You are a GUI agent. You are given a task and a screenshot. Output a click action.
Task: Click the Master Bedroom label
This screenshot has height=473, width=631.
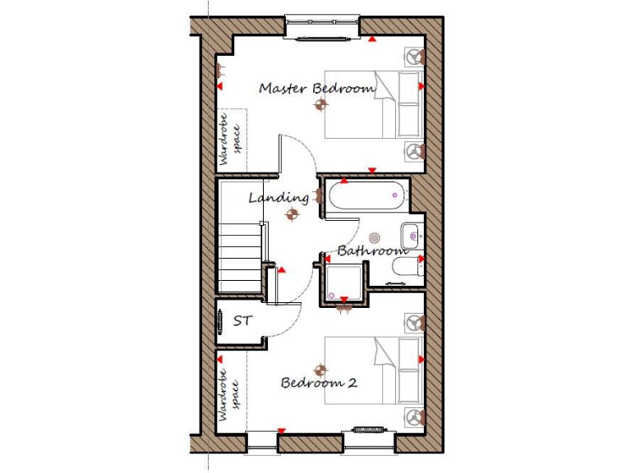pos(317,88)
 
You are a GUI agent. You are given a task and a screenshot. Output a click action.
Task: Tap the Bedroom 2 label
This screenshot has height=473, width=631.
pos(319,383)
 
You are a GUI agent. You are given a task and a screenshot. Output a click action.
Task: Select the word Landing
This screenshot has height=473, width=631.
pos(279,198)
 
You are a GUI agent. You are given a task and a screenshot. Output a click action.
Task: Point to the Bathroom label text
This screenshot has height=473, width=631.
pos(372,250)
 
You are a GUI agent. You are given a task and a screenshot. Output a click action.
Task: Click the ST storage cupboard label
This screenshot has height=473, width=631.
pos(242,321)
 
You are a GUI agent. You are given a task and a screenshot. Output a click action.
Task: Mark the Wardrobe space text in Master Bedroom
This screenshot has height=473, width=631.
pos(229,140)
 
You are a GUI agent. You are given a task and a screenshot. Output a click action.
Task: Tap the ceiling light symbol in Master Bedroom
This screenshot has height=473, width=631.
pos(320,104)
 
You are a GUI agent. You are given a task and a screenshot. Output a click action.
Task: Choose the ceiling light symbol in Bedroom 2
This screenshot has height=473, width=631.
pos(320,367)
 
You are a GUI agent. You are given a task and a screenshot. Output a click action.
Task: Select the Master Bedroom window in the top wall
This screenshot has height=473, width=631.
pos(323,28)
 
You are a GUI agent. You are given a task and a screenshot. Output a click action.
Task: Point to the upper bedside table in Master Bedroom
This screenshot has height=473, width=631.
pos(415,57)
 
